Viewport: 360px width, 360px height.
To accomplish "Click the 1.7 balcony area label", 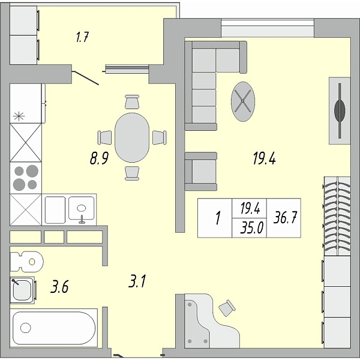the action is pyautogui.click(x=82, y=37).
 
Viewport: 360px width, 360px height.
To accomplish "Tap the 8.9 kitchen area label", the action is pyautogui.click(x=99, y=158).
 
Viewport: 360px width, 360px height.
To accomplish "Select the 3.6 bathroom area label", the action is pyautogui.click(x=59, y=287).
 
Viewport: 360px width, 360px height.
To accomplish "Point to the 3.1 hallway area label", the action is pyautogui.click(x=137, y=281).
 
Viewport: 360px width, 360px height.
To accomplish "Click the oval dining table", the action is pyautogui.click(x=132, y=137).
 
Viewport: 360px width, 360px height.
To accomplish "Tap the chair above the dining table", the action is pyautogui.click(x=132, y=102).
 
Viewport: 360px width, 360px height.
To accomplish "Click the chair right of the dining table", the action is pyautogui.click(x=160, y=137).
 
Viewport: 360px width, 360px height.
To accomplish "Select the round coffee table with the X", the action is pyautogui.click(x=242, y=101).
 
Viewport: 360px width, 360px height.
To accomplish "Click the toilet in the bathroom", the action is pyautogui.click(x=26, y=262).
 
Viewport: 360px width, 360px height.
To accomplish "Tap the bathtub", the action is pyautogui.click(x=54, y=328).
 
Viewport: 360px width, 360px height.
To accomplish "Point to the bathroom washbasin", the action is pyautogui.click(x=22, y=290).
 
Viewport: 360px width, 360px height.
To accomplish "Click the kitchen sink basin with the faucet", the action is pyautogui.click(x=81, y=208).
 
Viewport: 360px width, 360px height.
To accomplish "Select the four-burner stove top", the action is pyautogui.click(x=26, y=178).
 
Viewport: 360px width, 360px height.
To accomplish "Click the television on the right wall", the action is pyautogui.click(x=340, y=110).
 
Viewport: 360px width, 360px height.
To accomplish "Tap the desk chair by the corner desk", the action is pyautogui.click(x=227, y=308).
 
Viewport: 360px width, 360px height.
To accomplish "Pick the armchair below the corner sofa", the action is pyautogui.click(x=200, y=171).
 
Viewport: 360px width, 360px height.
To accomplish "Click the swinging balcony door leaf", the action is pyautogui.click(x=85, y=78).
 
